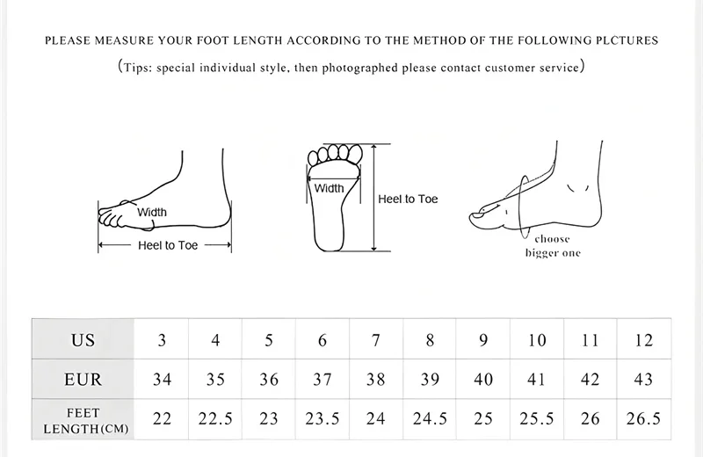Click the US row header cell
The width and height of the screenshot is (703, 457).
(x=83, y=340)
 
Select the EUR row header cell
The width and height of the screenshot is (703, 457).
(x=83, y=380)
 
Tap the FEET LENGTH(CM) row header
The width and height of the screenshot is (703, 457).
(x=83, y=420)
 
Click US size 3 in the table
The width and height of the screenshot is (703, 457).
(x=162, y=340)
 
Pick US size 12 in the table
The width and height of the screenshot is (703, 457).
(x=643, y=340)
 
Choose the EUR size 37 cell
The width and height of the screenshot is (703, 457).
(x=323, y=380)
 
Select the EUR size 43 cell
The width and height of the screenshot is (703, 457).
(x=643, y=380)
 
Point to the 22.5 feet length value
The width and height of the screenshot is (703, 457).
(x=215, y=419)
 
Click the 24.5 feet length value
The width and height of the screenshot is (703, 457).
(x=430, y=419)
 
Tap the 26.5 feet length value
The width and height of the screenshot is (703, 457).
(x=643, y=419)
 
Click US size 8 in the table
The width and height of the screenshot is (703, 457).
(x=430, y=340)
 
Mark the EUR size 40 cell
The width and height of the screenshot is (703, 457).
(x=483, y=380)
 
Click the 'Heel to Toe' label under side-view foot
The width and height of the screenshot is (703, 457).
(x=168, y=246)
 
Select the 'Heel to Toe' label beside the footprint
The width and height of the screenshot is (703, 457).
(x=408, y=199)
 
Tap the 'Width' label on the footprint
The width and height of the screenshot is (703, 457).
(x=330, y=188)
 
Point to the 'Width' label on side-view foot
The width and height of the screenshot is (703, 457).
(x=151, y=212)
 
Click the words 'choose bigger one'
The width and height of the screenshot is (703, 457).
(x=553, y=246)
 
